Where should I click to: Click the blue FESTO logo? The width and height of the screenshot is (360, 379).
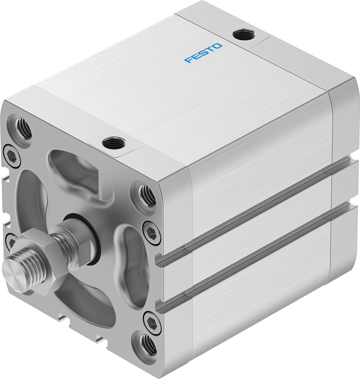pos(203,53)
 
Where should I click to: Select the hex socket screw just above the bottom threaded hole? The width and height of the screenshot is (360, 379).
pos(152,324)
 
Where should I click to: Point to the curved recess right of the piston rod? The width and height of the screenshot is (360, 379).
pos(131,265)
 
